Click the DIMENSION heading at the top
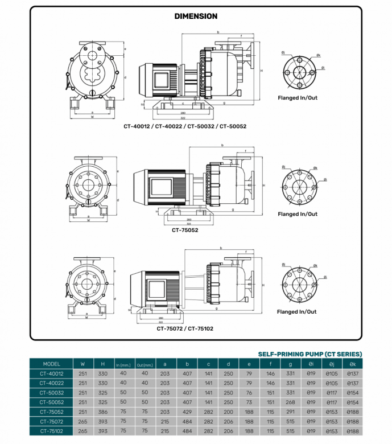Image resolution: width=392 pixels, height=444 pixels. (196, 17)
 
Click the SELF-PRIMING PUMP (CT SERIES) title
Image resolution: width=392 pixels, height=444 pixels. (310, 353)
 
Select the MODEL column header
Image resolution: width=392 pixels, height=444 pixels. (51, 364)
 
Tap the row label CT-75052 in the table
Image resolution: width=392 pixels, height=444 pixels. (51, 412)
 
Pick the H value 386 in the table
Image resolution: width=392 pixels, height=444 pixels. (102, 412)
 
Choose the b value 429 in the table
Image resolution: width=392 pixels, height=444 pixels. (185, 412)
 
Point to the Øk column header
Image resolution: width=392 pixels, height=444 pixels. (353, 364)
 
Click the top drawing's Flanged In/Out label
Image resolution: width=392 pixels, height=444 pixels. (298, 98)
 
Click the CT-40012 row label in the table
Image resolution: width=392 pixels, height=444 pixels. (51, 373)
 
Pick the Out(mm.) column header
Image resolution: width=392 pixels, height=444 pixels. (145, 364)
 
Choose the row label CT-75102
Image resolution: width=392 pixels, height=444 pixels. (51, 431)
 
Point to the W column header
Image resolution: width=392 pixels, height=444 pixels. (83, 364)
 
